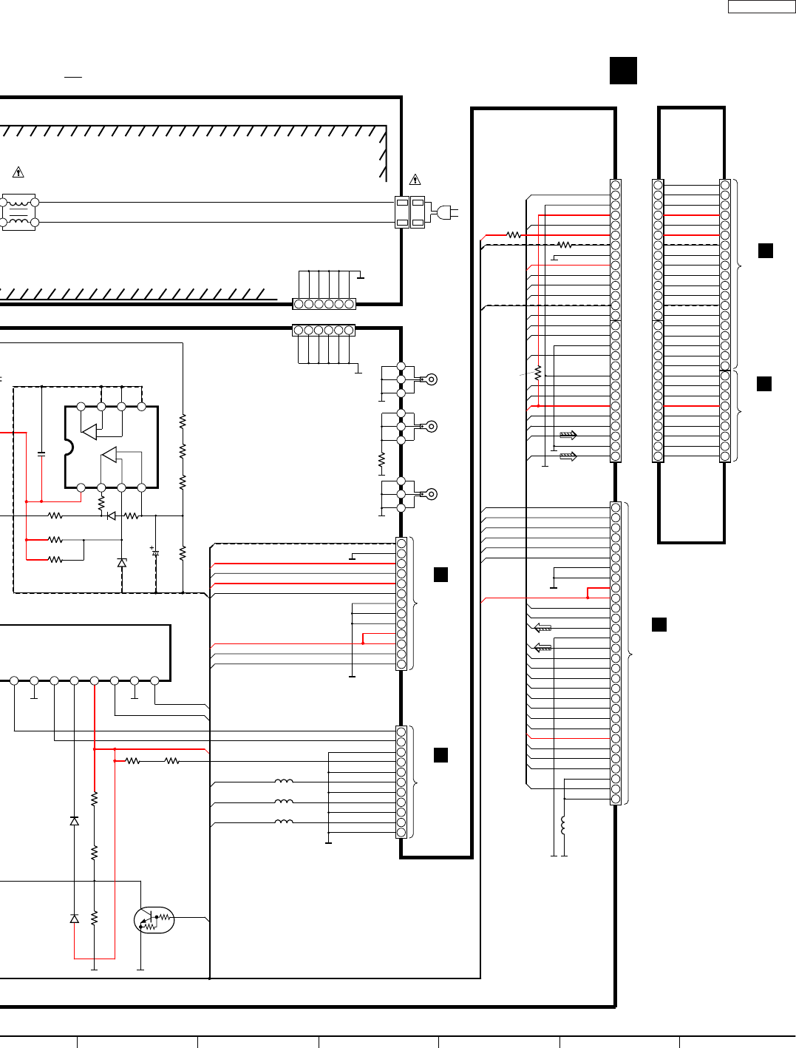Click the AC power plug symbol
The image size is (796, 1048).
pos(445,213)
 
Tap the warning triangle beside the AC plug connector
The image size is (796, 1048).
pos(415,180)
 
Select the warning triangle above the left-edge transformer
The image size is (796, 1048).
pos(18,172)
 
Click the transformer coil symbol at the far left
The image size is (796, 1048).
pos(18,212)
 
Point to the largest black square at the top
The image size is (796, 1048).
pos(623,71)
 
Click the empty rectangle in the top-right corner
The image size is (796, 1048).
pos(761,7)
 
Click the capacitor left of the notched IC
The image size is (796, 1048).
pos(41,453)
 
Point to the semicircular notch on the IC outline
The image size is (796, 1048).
pos(69,447)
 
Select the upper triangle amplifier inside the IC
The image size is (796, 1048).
pos(89,431)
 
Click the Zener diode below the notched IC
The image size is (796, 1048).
pos(122,563)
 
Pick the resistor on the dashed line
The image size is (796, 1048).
pos(565,245)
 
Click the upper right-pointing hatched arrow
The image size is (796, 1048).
pos(568,436)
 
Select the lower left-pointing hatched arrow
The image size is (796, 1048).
pos(542,648)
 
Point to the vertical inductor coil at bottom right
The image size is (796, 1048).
pos(564,825)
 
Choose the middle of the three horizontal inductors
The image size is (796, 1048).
pos(284,802)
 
